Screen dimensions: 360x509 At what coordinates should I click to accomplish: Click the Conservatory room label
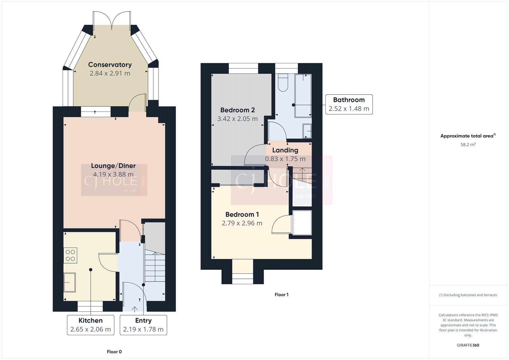point(110,65)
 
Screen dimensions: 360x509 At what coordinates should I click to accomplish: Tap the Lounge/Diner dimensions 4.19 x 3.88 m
point(113,174)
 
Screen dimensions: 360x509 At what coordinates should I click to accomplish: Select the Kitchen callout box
point(91,325)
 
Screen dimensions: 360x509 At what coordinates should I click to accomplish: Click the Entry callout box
point(143,325)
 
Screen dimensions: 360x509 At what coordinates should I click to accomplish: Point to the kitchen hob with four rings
point(70,255)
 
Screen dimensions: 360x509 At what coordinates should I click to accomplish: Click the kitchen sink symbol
point(70,282)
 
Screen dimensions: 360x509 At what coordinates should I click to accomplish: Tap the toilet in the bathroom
point(283,83)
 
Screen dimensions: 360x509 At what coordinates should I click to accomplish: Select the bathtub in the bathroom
point(303,95)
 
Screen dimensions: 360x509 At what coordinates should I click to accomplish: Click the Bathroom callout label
point(349,104)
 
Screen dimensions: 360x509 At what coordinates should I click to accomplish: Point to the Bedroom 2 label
point(237,110)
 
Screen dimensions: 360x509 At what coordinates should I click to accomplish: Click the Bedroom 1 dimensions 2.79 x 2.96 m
point(242,223)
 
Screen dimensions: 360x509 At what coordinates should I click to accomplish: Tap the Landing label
point(285,150)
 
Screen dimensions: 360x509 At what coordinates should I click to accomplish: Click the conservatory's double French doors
point(112,20)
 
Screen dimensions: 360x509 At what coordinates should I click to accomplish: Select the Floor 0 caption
point(114,352)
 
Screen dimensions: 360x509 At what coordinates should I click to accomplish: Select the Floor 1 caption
point(282,295)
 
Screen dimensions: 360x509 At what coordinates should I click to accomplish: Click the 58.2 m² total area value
point(468,145)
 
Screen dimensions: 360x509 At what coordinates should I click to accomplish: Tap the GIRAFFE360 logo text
point(468,345)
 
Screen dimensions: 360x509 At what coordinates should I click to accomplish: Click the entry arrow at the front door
point(135,309)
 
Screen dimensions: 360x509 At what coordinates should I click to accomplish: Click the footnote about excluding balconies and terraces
point(468,295)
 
